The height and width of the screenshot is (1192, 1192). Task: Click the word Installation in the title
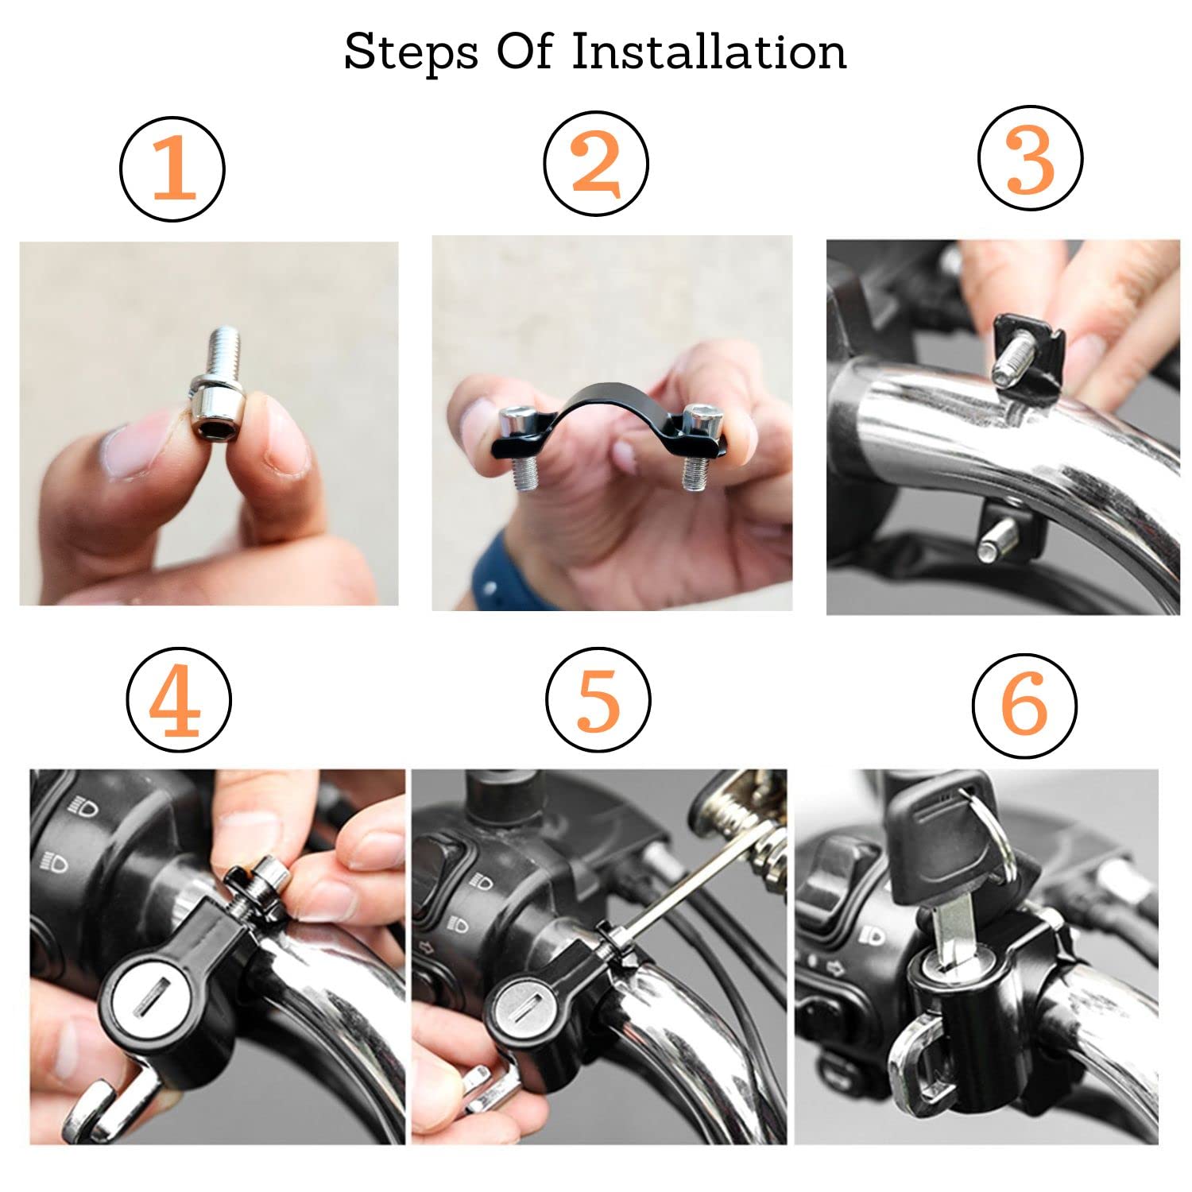709,52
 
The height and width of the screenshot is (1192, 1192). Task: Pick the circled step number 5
598,698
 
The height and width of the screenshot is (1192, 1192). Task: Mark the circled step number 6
1025,703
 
